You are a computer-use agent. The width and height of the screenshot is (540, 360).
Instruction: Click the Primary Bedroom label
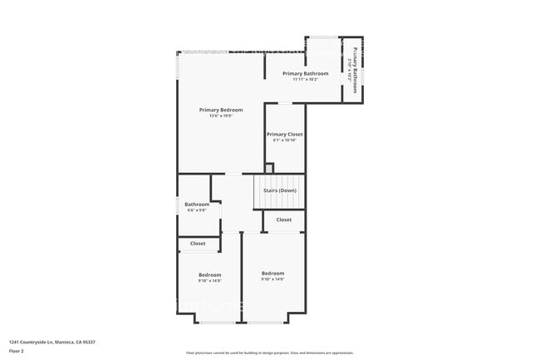[221, 110]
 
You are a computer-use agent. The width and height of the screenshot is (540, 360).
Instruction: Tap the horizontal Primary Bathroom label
[306, 74]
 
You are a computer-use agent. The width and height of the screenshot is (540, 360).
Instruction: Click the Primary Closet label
[284, 134]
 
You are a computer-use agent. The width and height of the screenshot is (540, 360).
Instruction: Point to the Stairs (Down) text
[280, 190]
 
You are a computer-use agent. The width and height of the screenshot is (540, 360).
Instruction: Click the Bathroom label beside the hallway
[197, 205]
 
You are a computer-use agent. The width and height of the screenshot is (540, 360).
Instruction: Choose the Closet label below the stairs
[284, 219]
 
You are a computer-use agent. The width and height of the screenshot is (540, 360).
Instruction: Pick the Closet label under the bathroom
[198, 244]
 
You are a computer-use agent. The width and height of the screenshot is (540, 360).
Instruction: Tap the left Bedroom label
[209, 275]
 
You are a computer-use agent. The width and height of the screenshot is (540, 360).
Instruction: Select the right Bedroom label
[272, 274]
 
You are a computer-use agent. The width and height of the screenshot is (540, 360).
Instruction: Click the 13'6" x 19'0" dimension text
[221, 116]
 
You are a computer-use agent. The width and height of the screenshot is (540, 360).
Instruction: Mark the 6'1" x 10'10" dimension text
[284, 141]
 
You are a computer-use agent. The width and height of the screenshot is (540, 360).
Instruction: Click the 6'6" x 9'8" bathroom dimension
[197, 210]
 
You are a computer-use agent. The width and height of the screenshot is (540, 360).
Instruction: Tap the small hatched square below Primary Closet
[268, 167]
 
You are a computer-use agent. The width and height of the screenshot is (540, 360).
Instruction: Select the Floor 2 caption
[17, 351]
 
